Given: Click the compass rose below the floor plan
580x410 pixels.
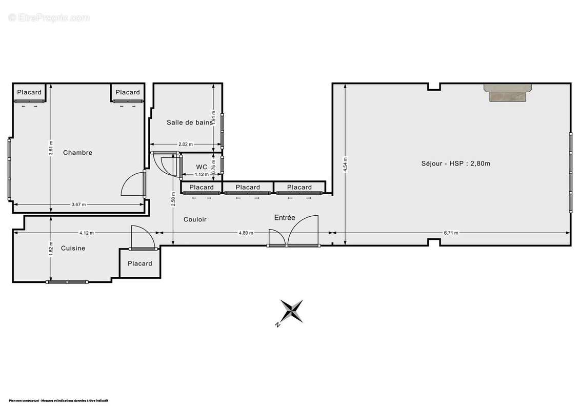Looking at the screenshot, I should (x=291, y=312).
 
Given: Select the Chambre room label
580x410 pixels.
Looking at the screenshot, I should (x=77, y=153).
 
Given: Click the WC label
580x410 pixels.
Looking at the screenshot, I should (x=202, y=167).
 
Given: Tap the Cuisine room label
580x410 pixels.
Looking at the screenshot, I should (x=73, y=248).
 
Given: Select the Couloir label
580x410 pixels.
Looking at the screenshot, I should (x=195, y=219).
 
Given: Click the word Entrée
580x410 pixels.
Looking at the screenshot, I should (x=285, y=218).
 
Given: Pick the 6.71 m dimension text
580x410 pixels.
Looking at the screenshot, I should (x=451, y=233).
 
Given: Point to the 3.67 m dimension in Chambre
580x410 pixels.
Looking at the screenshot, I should (x=78, y=204).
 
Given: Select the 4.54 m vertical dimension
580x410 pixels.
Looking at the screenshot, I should (x=345, y=163).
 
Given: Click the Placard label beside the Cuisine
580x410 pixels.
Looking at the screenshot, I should (x=140, y=263).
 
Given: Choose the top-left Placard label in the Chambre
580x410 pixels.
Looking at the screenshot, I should (x=29, y=92).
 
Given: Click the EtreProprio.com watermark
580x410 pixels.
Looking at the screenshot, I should (x=49, y=17).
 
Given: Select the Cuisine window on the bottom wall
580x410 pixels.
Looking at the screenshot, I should (x=67, y=282).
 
